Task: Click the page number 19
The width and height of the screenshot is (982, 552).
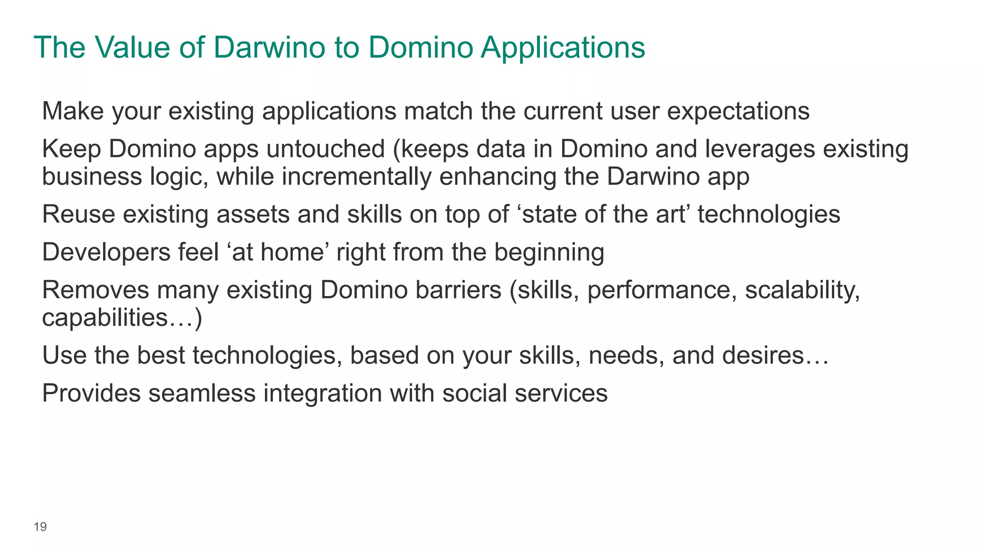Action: pyautogui.click(x=40, y=527)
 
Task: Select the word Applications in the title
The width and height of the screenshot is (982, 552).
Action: pyautogui.click(x=563, y=48)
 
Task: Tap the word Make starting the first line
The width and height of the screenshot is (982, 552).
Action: pyautogui.click(x=73, y=111)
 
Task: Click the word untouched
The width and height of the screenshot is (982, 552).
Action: pyautogui.click(x=326, y=149)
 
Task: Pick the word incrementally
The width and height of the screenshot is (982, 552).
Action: pyautogui.click(x=356, y=177)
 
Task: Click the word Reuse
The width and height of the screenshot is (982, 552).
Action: pyautogui.click(x=78, y=214)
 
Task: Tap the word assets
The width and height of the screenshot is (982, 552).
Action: pyautogui.click(x=253, y=214)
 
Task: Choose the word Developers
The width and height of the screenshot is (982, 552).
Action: pyautogui.click(x=106, y=253)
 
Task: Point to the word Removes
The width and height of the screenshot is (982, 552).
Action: pyautogui.click(x=95, y=290)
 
